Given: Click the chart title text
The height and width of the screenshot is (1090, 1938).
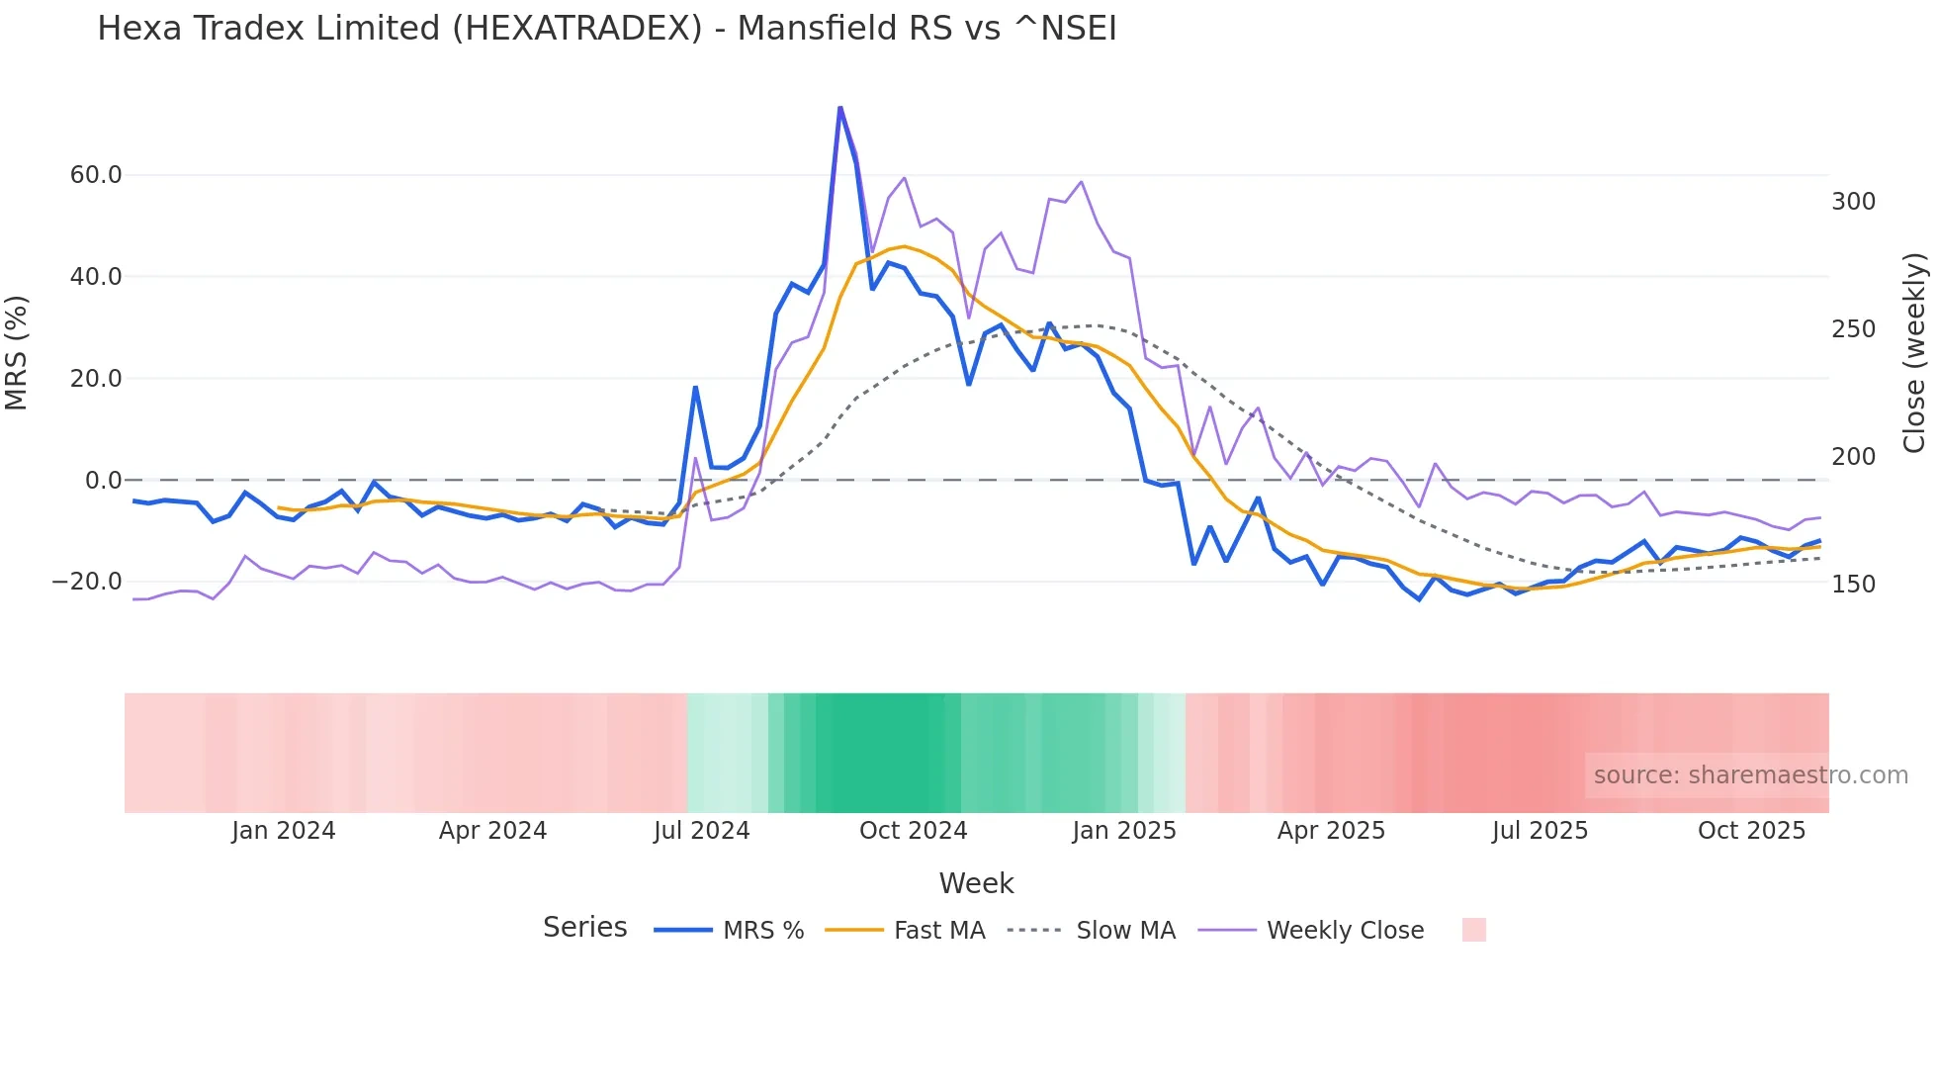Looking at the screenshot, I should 606,29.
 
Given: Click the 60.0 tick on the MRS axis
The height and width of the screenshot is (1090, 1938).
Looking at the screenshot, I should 96,175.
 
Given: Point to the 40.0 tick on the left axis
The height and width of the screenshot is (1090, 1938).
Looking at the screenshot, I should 96,277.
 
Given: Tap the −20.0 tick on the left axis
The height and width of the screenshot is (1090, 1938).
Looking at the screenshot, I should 87,582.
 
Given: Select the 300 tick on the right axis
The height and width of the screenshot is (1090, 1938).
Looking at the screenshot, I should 1853,202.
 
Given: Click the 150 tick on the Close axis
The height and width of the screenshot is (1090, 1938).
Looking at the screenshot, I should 1853,585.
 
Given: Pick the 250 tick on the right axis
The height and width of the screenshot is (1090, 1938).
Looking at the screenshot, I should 1853,329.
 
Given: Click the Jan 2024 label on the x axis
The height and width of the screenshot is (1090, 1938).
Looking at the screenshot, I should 284,831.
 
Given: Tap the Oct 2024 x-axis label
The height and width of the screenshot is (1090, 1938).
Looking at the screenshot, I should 913,831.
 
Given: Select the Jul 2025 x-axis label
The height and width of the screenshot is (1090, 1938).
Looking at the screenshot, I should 1540,831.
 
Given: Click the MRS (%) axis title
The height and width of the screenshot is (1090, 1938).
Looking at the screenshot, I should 17,353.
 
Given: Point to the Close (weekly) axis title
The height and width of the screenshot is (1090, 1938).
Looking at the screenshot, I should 1915,353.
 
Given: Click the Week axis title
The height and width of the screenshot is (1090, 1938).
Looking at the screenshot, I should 976,883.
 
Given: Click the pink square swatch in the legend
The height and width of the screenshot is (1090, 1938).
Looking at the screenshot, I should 1473,930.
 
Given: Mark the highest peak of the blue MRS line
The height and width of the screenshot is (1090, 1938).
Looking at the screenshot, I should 839,108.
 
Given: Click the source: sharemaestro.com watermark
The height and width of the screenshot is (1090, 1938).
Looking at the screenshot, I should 1750,775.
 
